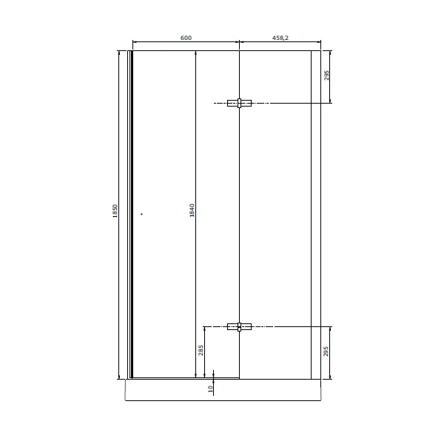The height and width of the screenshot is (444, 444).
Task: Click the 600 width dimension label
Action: pos(186,38)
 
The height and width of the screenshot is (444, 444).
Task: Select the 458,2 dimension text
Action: pos(280,38)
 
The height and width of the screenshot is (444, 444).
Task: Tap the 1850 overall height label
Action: pos(115,211)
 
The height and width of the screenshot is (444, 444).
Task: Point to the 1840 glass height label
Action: pos(192,210)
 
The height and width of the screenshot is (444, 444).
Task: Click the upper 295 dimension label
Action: pos(326,75)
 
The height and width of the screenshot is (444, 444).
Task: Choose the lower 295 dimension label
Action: pos(326,351)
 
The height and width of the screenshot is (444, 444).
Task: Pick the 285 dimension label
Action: pos(201,350)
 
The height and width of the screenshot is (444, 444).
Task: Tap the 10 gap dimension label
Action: pos(210,388)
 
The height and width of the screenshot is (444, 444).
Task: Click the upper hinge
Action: pos(239,103)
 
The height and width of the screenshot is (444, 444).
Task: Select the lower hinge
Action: pos(239,327)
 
